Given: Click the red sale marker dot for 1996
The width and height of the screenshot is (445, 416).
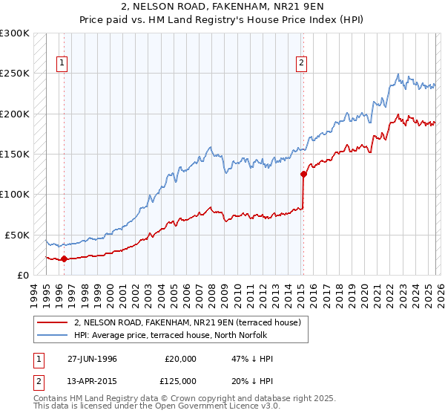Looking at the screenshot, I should coord(64,259).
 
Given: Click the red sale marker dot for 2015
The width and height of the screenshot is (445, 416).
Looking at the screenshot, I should coord(303,175).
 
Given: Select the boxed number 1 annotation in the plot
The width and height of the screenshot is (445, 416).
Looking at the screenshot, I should coord(62,64).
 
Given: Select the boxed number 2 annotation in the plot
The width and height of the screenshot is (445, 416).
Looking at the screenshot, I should coord(302,64).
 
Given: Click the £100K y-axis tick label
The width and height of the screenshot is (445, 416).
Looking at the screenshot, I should coord(15,194).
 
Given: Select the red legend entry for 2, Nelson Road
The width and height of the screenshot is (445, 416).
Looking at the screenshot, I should coord(187,323).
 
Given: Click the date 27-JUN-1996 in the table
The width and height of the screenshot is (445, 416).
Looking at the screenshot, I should coord(92,359).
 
